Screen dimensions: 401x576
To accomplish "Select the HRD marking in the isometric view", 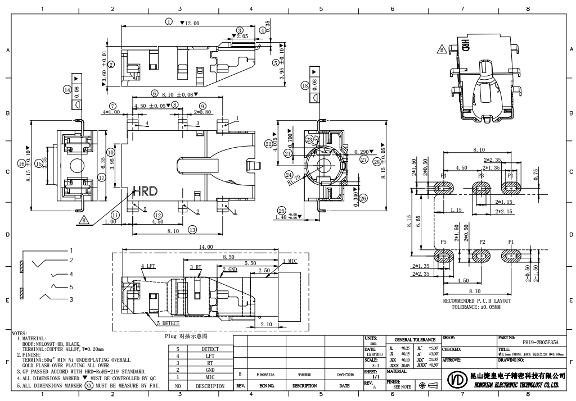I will (465, 45).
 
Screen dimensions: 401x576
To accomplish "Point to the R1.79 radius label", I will (294, 181).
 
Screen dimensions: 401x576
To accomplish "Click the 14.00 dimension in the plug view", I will (206, 247).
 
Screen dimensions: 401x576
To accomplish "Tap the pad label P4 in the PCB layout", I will (444, 175).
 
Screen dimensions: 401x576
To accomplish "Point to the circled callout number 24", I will (289, 174).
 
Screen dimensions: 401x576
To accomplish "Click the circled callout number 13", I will (193, 229).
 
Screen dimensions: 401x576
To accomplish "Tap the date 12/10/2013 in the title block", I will (374, 354).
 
